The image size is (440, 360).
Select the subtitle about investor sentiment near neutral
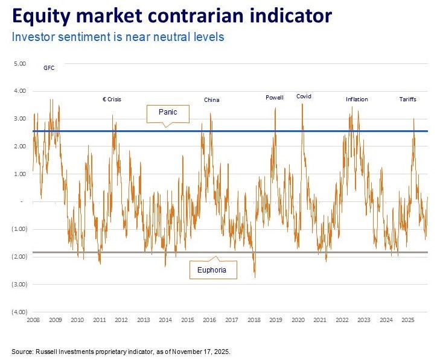118,37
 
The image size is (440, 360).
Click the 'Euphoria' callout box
212,270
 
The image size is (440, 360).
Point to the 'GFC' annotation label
49,68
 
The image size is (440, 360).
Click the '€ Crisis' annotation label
112,99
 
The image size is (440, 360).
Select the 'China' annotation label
211,99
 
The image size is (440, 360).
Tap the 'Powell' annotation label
275,98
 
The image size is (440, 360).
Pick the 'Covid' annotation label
304,96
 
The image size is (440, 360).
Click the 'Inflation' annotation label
357,99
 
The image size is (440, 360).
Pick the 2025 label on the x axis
407,320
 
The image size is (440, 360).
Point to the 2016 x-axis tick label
209,320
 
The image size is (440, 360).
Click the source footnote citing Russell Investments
120,350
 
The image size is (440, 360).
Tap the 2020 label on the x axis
298,320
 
